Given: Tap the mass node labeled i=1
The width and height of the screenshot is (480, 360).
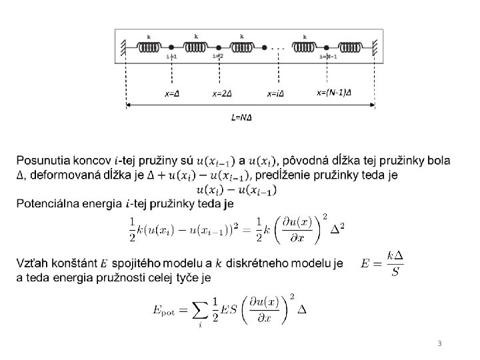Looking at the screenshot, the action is (171, 47).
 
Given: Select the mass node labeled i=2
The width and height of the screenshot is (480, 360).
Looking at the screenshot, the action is (218, 47).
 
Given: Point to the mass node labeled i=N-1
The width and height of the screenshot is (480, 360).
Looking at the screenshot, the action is (328, 47).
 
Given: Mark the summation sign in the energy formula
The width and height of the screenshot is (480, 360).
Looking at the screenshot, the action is (200, 311).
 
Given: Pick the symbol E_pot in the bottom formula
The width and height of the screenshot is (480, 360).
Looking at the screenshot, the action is (165, 311).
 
